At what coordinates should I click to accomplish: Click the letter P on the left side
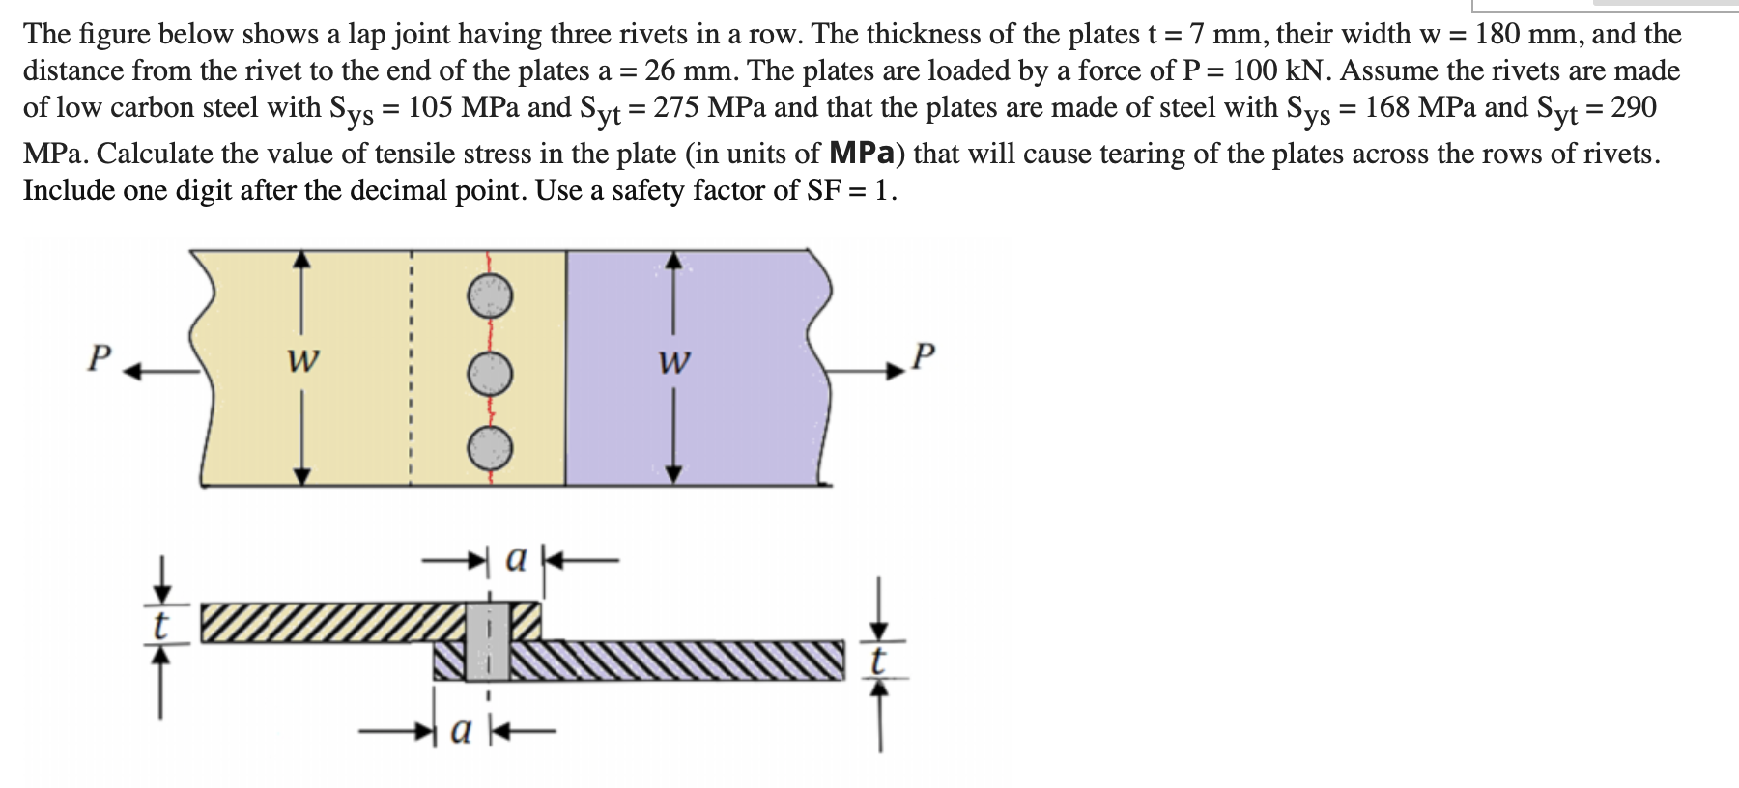tap(99, 357)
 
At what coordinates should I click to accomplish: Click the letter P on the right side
tap(924, 357)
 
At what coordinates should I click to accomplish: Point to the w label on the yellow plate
tap(303, 362)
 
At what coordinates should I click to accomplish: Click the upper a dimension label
tap(517, 557)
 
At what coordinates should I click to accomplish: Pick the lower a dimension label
tap(463, 733)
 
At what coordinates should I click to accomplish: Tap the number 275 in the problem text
tap(677, 107)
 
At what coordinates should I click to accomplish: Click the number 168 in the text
tap(1389, 107)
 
